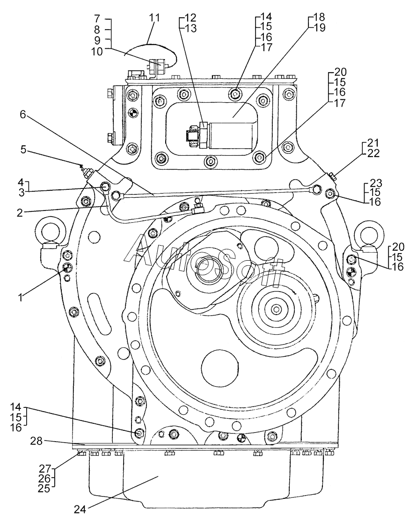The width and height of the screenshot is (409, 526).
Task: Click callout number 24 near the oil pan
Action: (80, 509)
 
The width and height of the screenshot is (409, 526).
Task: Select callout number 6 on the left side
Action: (22, 114)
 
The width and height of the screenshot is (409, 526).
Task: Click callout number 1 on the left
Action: (21, 297)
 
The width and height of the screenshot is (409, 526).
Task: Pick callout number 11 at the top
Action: (154, 17)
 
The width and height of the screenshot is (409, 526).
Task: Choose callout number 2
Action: (20, 212)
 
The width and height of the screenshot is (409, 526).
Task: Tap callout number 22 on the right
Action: (373, 153)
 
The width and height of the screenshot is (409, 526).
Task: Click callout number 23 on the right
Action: (375, 183)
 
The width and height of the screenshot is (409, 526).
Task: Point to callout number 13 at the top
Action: (190, 28)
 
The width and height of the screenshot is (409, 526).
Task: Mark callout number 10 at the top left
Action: (97, 52)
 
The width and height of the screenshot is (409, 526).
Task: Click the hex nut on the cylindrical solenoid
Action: (203, 135)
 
